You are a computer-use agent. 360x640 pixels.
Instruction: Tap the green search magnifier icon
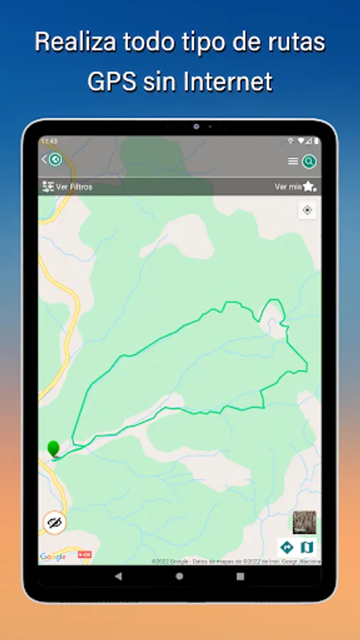tap(309, 161)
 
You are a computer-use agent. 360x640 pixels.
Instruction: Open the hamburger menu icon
tap(292, 161)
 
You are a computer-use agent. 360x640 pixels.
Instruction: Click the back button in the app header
tap(52, 159)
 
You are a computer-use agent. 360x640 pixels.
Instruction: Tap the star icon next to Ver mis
tap(309, 187)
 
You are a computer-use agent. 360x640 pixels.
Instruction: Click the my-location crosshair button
tap(307, 210)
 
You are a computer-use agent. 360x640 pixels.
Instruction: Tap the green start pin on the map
tap(53, 449)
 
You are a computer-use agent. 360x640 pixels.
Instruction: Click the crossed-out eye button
tap(53, 523)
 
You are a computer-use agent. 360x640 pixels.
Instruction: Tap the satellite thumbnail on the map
tap(305, 523)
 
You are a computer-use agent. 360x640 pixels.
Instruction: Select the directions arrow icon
tap(287, 547)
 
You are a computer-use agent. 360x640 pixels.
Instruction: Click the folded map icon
tap(307, 547)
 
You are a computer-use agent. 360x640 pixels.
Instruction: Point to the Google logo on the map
tap(53, 557)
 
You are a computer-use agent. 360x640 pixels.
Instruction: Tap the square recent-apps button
tap(240, 575)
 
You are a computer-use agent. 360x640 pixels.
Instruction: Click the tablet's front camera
tap(196, 127)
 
